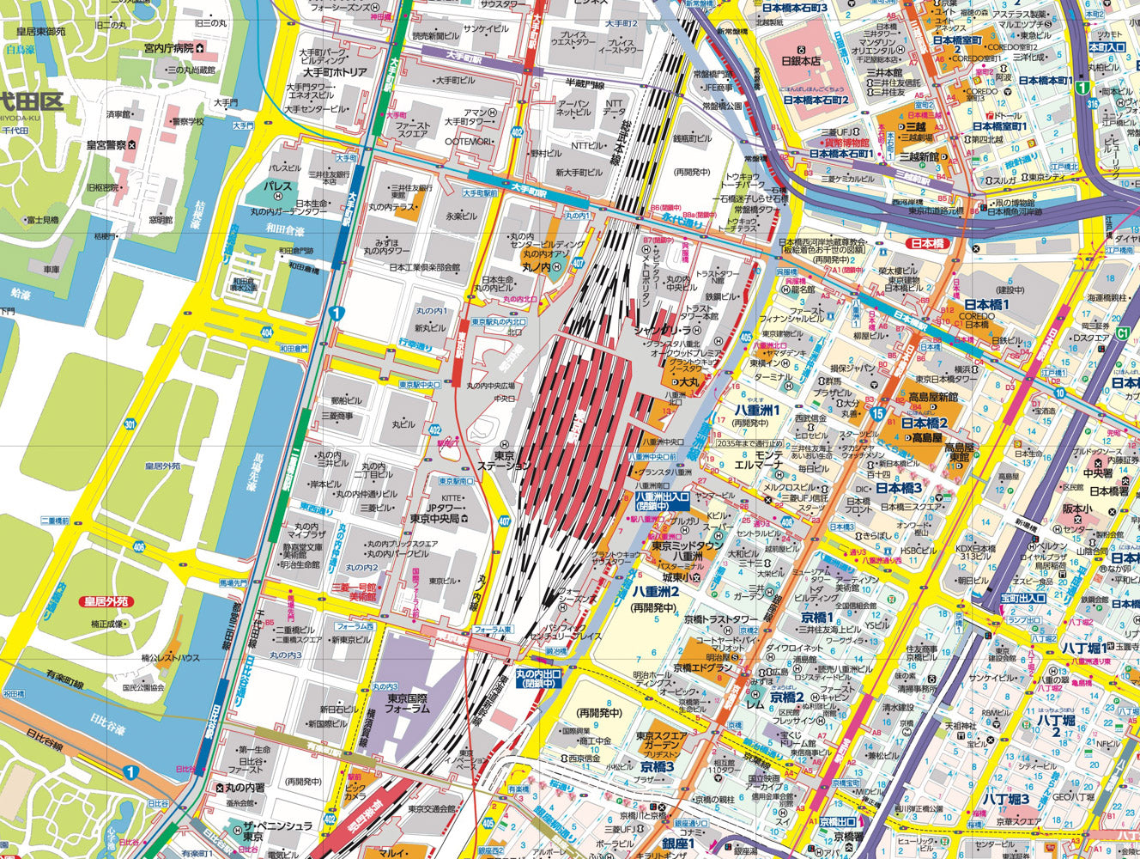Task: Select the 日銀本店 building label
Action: tap(801, 60)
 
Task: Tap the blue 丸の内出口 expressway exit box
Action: tap(537, 679)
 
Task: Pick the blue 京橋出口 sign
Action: tap(839, 822)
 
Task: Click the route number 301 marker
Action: tap(130, 424)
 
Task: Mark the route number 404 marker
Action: tap(267, 331)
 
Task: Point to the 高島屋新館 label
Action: tap(934, 397)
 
